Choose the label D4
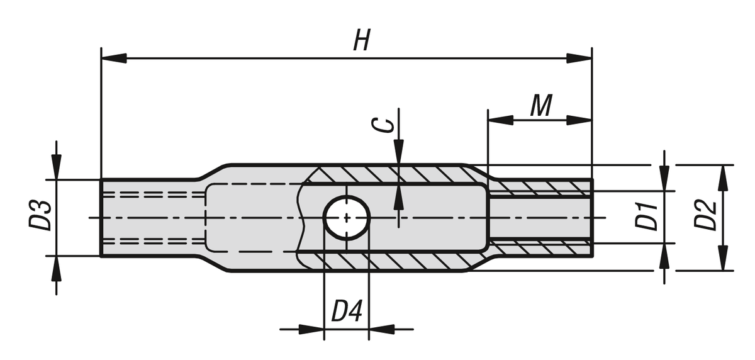pos(347,312)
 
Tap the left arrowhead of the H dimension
pos(114,59)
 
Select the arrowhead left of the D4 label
pos(311,329)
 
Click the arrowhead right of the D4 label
pos(381,329)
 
